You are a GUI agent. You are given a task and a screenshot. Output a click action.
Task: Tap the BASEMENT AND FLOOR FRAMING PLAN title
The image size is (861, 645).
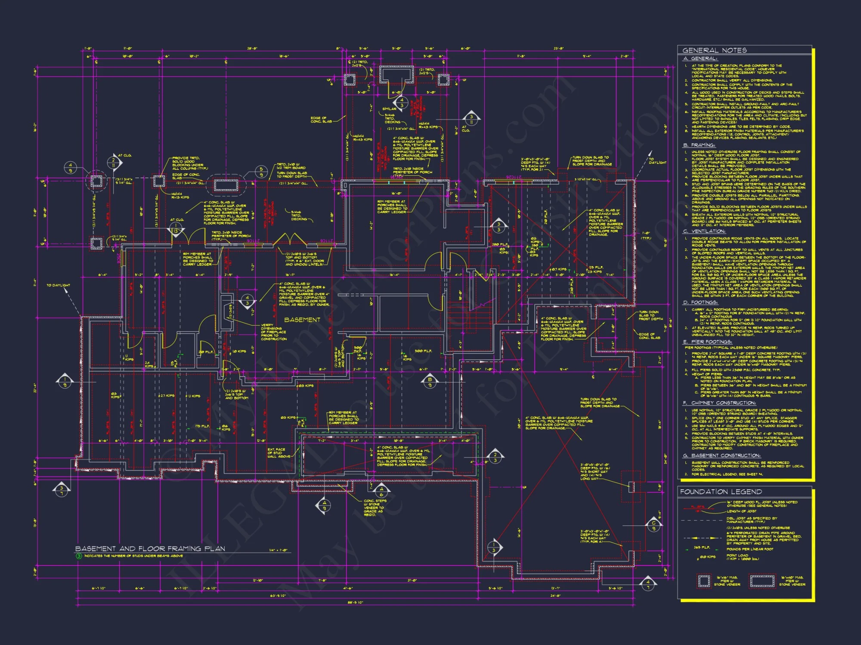point(150,549)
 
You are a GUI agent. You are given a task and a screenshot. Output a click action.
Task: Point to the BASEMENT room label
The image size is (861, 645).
point(302,320)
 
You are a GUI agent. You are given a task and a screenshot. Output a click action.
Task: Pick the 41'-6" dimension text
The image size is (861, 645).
point(348,588)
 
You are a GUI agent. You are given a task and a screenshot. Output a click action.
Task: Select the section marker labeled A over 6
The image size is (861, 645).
point(381,491)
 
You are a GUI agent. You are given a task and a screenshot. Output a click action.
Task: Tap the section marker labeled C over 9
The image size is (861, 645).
point(653,525)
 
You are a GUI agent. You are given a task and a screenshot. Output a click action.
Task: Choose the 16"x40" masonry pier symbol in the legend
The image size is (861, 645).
point(762,581)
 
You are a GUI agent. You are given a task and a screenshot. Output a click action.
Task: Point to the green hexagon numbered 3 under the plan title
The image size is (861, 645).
point(79,556)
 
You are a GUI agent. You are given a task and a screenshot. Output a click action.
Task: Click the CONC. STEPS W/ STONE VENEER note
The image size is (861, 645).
point(375,507)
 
